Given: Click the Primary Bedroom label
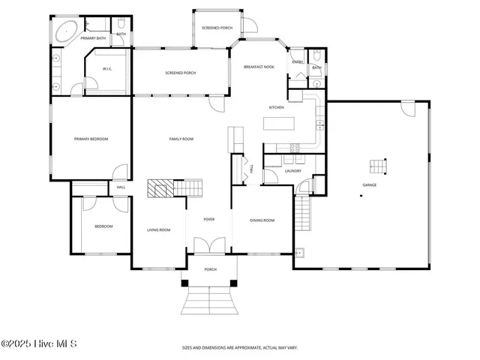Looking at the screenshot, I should [91, 139].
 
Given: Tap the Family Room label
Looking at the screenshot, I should [181, 139].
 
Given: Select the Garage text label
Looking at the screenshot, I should [370, 184].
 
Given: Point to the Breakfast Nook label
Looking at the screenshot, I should [259, 67].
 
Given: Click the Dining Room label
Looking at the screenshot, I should [262, 220].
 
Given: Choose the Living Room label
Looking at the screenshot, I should [158, 229].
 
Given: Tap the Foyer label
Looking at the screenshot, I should [209, 219].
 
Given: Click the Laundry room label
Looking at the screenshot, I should [293, 170].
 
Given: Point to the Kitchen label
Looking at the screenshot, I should [277, 108].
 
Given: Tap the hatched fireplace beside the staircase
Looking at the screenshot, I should [160, 187].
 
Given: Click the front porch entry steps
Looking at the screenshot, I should [210, 302].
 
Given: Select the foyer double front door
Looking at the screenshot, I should [209, 245].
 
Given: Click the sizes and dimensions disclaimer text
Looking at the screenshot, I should [240, 348].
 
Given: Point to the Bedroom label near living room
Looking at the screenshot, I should [103, 226].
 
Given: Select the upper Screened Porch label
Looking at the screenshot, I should [217, 27].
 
